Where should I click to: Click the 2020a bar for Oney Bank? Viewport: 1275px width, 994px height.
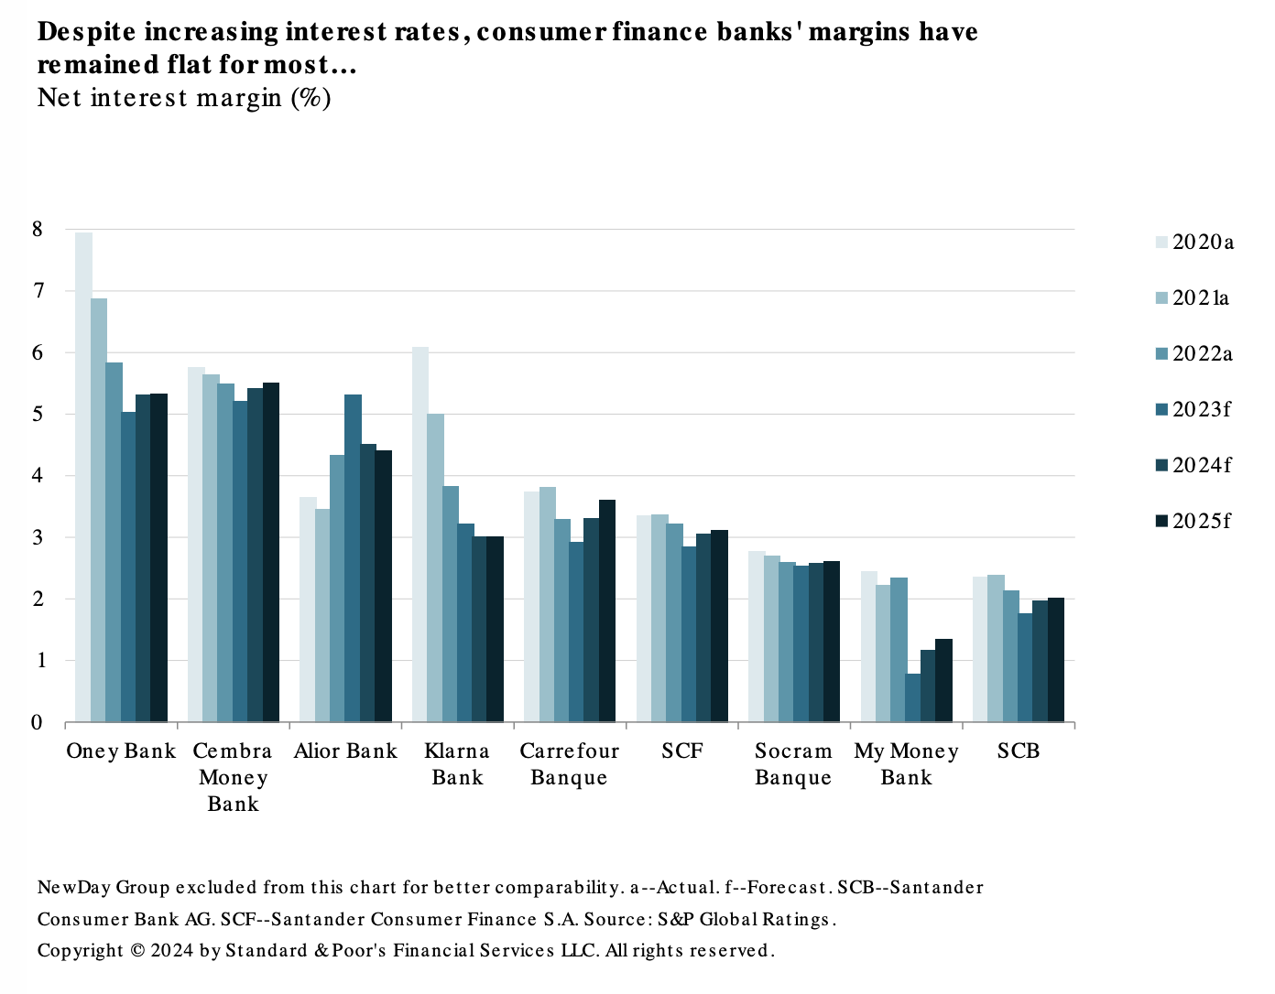click(x=83, y=477)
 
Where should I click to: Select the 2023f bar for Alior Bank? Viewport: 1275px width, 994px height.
click(x=353, y=558)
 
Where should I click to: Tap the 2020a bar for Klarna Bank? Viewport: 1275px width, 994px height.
click(x=420, y=535)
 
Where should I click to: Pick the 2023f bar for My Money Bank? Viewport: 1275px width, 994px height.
click(x=913, y=698)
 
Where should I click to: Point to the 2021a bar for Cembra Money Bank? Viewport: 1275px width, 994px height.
click(x=211, y=548)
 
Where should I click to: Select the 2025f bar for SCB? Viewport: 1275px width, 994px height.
click(x=1055, y=660)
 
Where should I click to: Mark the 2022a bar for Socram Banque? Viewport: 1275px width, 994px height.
click(x=787, y=642)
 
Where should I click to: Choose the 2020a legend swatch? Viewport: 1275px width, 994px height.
click(x=1161, y=243)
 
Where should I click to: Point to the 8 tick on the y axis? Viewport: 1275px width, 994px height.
click(x=37, y=230)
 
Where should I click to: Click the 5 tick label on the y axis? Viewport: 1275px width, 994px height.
click(x=37, y=415)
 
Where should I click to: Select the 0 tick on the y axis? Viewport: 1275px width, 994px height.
click(x=37, y=723)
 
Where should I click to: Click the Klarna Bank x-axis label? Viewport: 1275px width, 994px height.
click(x=457, y=764)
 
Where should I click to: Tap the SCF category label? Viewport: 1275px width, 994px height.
click(x=682, y=751)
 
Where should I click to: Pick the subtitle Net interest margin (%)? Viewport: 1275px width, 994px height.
click(x=184, y=98)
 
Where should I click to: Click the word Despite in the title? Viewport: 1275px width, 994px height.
click(x=87, y=32)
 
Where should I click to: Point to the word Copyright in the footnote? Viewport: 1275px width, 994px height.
click(x=81, y=951)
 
